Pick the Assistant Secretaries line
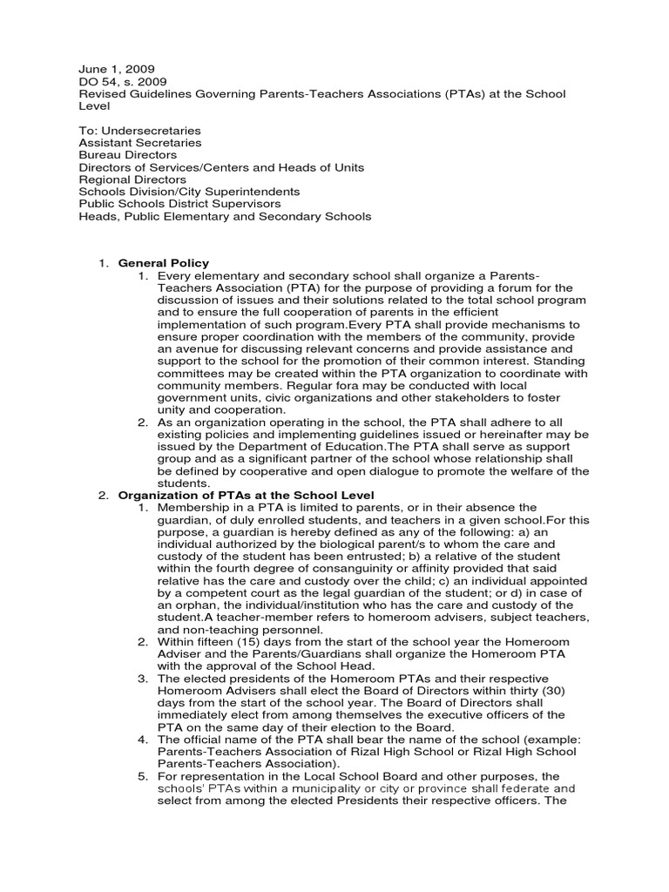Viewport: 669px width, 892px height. pyautogui.click(x=139, y=142)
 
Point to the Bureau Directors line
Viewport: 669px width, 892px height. pyautogui.click(x=127, y=154)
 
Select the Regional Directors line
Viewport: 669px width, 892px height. pyautogui.click(x=132, y=179)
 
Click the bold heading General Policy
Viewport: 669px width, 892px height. pyautogui.click(x=164, y=263)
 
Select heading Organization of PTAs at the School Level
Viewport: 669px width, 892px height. pyautogui.click(x=246, y=495)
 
